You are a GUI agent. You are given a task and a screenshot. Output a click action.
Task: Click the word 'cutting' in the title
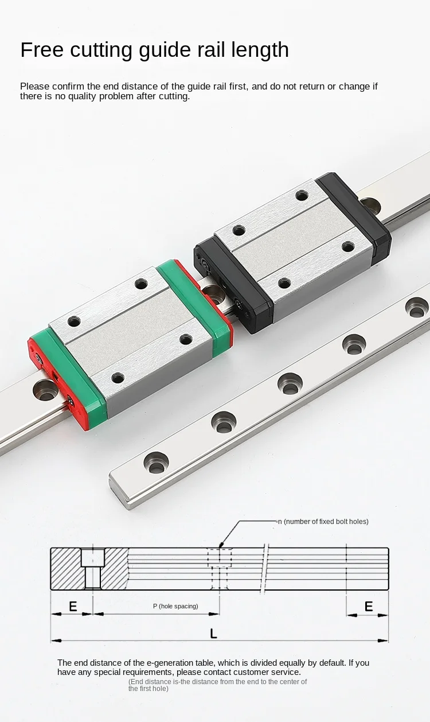[x=101, y=51]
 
